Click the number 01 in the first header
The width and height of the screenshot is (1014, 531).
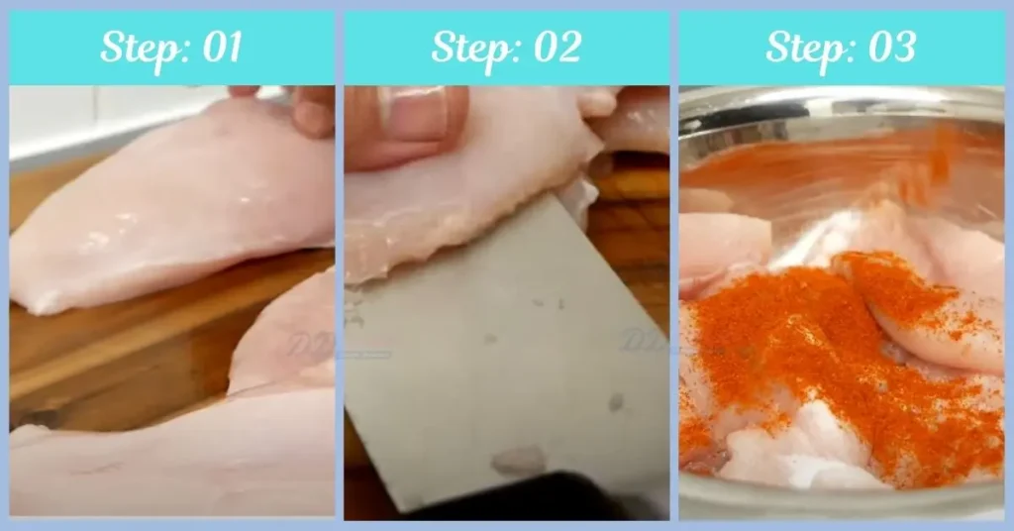click(219, 48)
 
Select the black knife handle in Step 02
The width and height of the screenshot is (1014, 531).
click(515, 500)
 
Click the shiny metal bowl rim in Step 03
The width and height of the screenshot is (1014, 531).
click(842, 99)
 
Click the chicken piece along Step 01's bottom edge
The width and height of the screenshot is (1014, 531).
click(149, 466)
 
